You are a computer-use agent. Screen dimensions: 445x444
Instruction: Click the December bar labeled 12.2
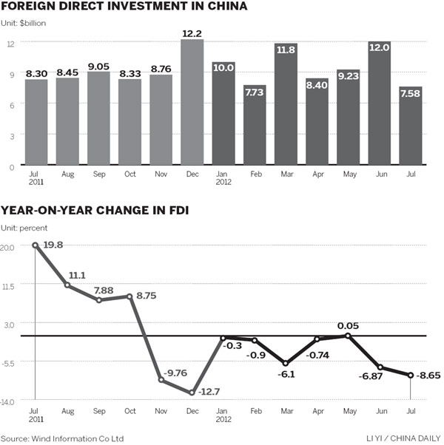(192, 103)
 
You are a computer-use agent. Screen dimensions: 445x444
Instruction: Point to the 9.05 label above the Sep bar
(98, 64)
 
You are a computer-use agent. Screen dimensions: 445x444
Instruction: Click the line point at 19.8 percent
(36, 245)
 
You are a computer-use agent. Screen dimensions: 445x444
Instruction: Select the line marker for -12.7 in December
(192, 393)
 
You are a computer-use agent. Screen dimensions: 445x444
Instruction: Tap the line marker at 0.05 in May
(348, 336)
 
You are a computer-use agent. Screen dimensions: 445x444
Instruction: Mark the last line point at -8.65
(410, 376)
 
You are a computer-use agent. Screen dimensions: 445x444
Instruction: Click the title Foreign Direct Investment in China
(124, 7)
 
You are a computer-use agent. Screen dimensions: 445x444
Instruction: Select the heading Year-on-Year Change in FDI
(94, 211)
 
